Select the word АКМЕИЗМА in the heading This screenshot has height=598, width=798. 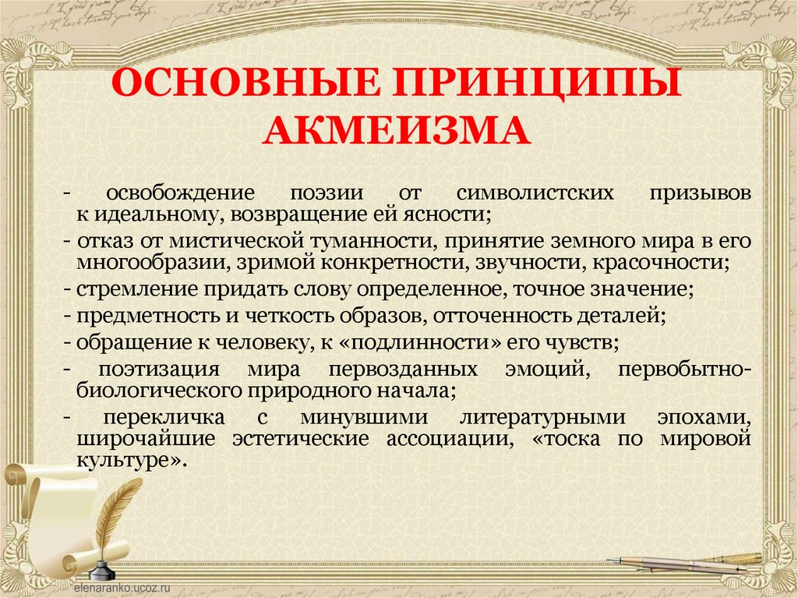coord(397,129)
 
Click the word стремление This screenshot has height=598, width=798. coord(123,289)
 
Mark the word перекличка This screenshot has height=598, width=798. coord(163,417)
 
